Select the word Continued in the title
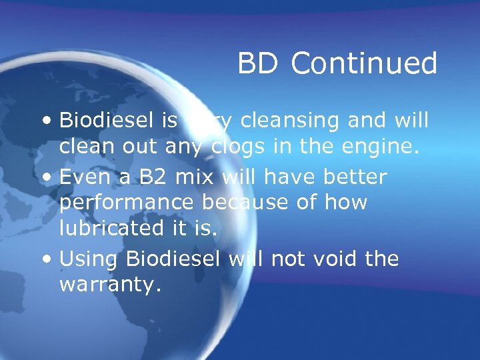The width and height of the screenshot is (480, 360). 364,64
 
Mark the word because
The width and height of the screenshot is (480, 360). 249,203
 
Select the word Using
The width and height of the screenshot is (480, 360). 88,259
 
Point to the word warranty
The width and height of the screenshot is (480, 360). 109,285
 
